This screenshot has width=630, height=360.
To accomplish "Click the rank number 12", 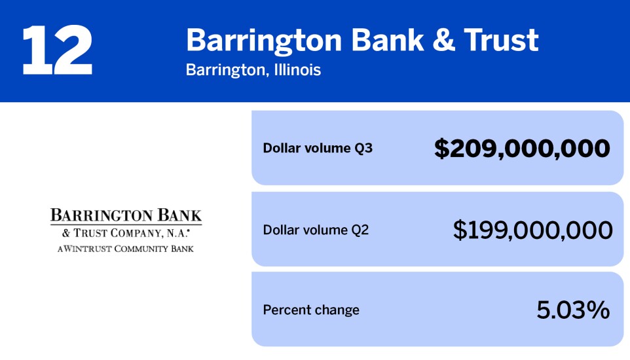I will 57,51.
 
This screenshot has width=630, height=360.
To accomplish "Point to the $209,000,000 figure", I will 522,149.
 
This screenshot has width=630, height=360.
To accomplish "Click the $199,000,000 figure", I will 532,230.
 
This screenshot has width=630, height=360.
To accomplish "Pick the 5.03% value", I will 573,310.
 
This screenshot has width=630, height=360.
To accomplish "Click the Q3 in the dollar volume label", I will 363,149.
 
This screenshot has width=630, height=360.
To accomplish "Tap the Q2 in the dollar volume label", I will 360,230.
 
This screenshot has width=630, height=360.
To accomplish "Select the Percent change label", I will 311,310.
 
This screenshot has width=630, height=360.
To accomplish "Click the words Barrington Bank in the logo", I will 126,215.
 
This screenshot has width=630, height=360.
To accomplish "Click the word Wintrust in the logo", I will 86,249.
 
